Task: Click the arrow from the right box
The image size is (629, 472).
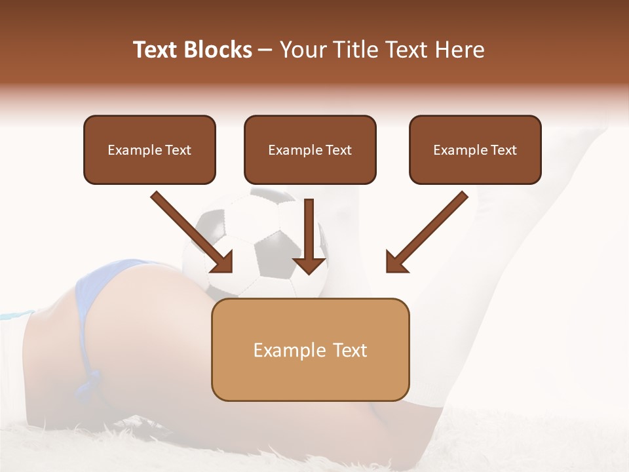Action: tap(429, 229)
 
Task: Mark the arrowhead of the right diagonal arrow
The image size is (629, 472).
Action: tap(396, 262)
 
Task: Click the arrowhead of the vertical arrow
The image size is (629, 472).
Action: tap(309, 264)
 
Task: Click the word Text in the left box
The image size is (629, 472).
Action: tap(178, 150)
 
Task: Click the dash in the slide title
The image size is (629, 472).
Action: tap(265, 50)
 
